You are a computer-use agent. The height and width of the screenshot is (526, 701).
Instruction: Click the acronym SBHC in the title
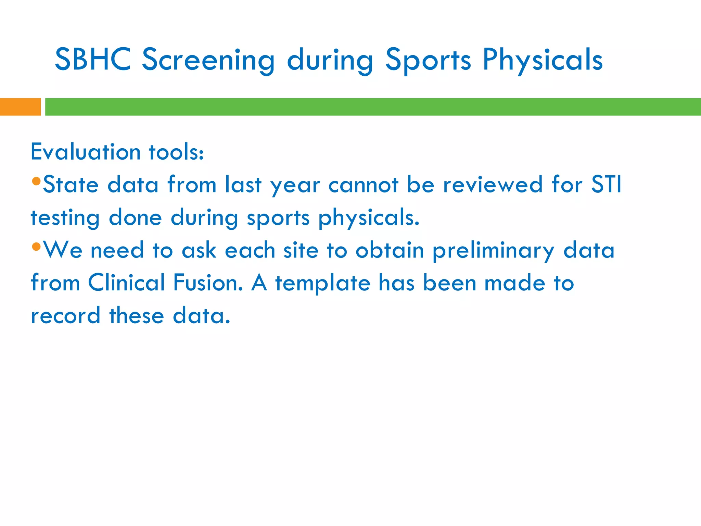[x=93, y=60]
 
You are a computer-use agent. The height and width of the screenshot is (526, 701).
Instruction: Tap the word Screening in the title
[x=208, y=60]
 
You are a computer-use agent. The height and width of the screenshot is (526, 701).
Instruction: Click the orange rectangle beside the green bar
[x=20, y=107]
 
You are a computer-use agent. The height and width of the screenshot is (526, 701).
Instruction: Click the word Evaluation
[x=86, y=152]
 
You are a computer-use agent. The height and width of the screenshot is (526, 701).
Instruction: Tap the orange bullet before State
[x=36, y=181]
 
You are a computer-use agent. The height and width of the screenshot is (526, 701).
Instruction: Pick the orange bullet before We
[x=36, y=246]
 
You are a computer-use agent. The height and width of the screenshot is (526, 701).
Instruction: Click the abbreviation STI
[x=607, y=185]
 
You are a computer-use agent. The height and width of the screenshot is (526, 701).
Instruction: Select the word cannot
[x=364, y=185]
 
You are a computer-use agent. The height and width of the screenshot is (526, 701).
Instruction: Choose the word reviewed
[x=493, y=185]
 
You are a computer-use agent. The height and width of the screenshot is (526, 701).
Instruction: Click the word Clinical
[x=127, y=283]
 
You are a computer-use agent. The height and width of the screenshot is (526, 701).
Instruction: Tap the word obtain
[x=390, y=250]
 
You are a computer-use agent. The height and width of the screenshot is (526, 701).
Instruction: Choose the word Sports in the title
[x=428, y=60]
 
